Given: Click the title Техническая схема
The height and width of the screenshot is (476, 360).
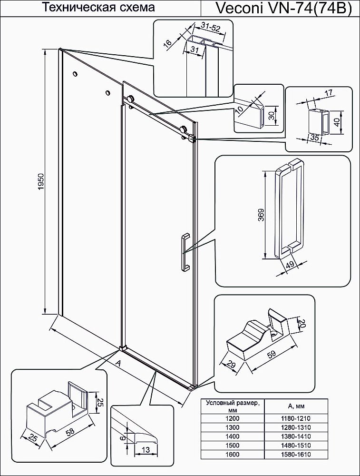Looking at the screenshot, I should (x=99, y=8).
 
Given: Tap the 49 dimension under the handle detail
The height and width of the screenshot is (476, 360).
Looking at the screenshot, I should (x=289, y=265).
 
